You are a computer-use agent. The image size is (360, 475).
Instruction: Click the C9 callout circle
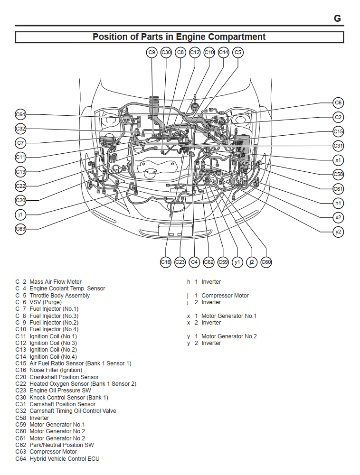(x=152, y=53)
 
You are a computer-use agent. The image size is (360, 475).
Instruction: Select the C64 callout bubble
(x=20, y=114)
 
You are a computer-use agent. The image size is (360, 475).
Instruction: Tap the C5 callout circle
(x=238, y=53)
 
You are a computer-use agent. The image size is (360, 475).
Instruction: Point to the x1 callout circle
(x=338, y=160)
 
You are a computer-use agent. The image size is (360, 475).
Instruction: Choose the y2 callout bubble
(x=338, y=232)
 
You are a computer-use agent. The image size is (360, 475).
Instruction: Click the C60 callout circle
(x=266, y=261)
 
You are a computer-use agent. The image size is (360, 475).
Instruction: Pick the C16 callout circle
(x=165, y=261)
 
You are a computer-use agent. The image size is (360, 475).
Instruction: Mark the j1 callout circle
(x=20, y=214)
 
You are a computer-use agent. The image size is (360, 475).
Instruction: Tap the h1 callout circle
(x=338, y=203)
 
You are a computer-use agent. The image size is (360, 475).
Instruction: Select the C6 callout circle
(x=338, y=102)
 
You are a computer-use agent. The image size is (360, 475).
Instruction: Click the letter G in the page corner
(x=337, y=19)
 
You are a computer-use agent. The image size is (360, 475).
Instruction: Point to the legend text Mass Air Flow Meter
(x=56, y=282)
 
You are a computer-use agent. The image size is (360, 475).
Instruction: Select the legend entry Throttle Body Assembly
(x=59, y=296)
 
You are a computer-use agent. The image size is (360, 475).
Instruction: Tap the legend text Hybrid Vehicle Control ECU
(x=65, y=459)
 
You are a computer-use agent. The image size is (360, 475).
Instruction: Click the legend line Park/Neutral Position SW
(x=62, y=445)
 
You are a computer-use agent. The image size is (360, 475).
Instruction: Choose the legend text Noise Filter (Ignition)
(x=56, y=370)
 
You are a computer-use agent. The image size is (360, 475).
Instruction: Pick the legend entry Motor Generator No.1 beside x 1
(x=229, y=316)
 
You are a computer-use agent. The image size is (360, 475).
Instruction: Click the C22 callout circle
(x=20, y=186)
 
